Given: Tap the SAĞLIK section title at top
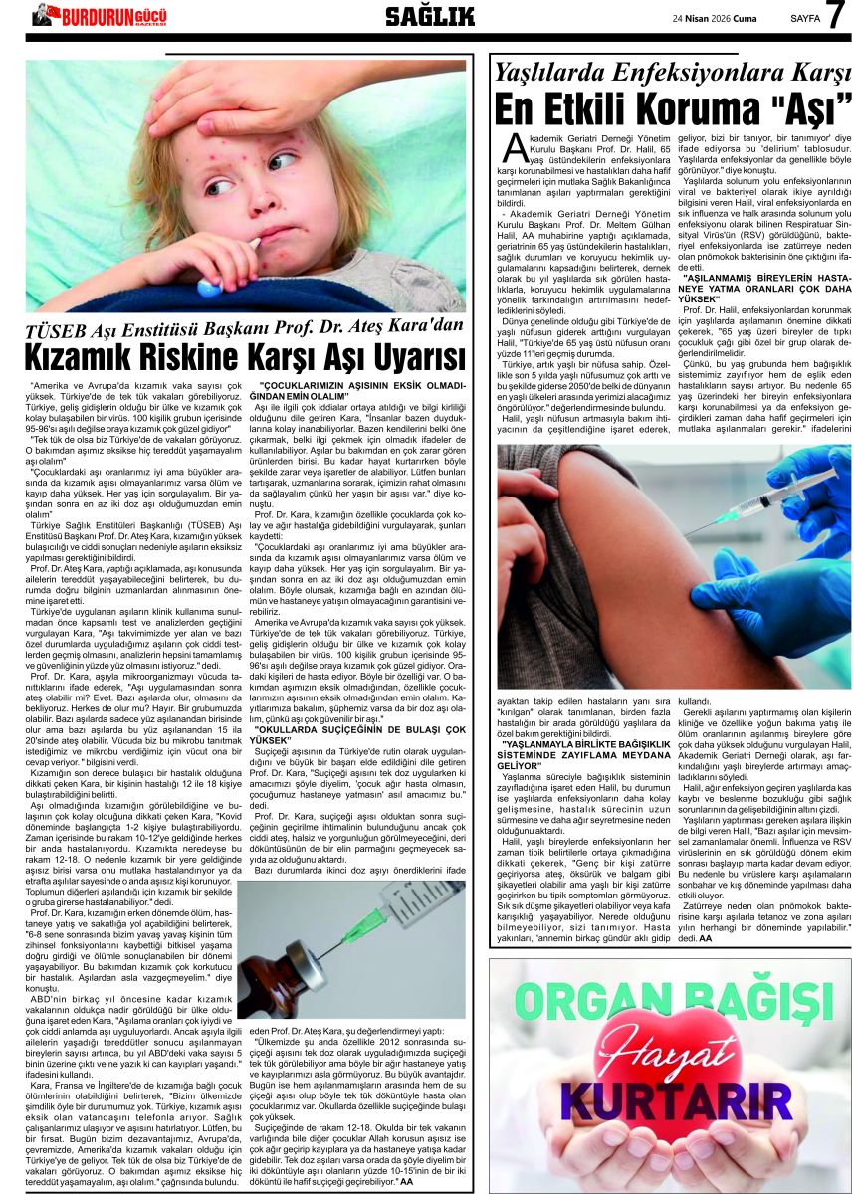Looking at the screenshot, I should (x=429, y=16).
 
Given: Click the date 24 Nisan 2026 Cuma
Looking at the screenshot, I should (x=715, y=17).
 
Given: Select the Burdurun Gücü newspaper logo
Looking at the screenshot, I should (x=99, y=15).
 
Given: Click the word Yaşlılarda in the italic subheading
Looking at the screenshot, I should (x=553, y=72).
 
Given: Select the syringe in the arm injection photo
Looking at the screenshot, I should (x=766, y=497).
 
